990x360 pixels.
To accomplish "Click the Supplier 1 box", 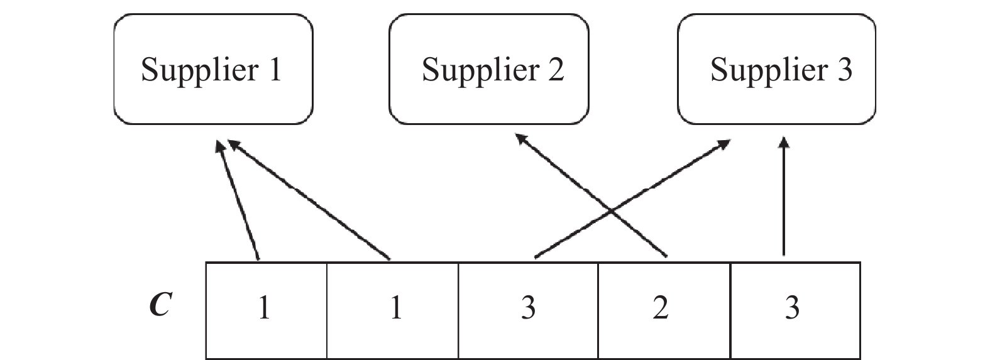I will click(213, 69).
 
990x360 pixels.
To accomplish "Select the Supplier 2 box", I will click(489, 69).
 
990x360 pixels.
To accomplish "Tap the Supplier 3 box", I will click(777, 69).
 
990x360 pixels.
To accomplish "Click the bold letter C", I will click(161, 306).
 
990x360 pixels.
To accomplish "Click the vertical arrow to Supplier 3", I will click(783, 201).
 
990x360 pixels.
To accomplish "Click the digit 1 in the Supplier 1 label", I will click(275, 69).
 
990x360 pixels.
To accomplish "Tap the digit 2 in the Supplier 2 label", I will click(555, 69).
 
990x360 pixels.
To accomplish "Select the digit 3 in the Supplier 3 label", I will click(844, 69).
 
